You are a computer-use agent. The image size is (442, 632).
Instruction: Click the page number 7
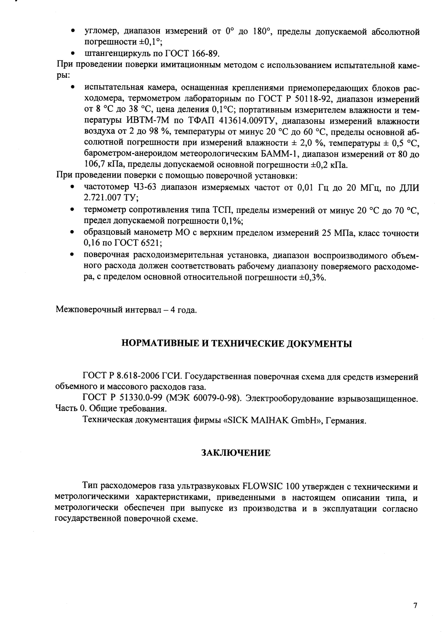tap(415, 606)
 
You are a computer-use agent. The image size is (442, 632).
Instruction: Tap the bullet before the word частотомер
tap(72, 188)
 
